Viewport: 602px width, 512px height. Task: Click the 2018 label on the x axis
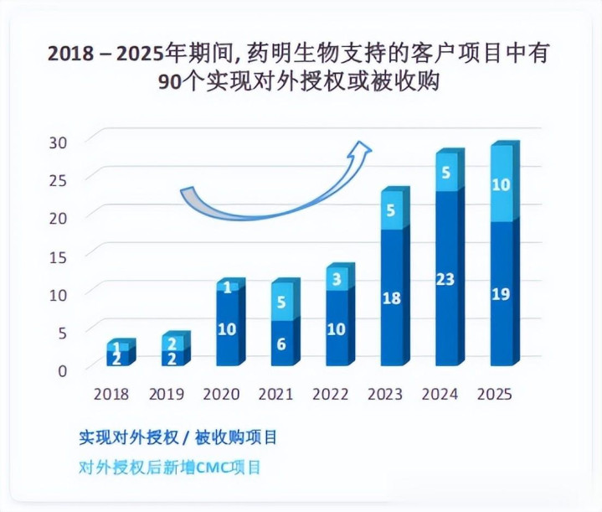111,393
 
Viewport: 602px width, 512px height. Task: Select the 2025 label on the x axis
494,393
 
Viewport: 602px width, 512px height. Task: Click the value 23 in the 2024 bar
446,279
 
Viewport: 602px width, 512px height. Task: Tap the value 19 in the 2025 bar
501,293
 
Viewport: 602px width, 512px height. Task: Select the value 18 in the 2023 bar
391,297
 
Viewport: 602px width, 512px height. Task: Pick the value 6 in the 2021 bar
281,343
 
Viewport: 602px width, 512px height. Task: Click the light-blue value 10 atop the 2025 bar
501,184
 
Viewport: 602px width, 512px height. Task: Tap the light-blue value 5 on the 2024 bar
446,173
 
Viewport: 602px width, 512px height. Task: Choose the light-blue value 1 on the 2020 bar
227,287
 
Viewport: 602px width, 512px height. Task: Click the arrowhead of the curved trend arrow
362,150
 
